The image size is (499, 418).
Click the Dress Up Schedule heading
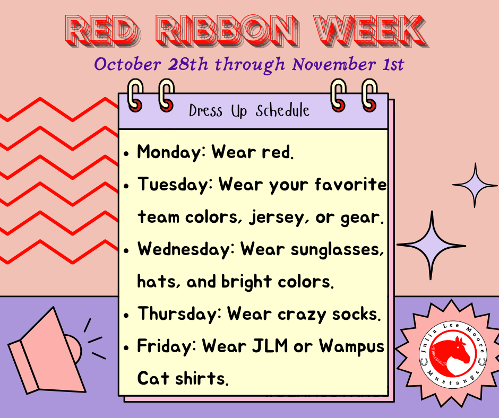tap(249, 111)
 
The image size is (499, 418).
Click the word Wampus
tap(351, 346)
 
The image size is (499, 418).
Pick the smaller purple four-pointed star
tap(475, 185)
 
